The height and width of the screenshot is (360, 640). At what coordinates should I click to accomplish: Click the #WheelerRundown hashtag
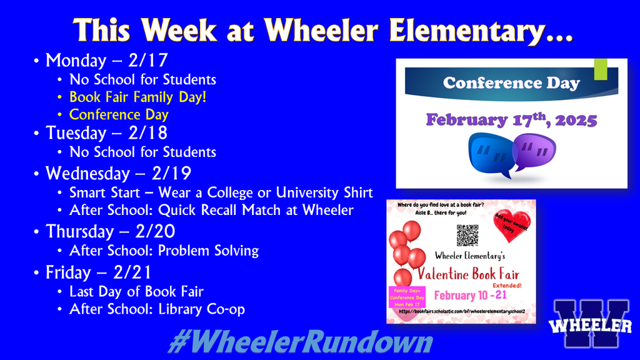[x=300, y=343]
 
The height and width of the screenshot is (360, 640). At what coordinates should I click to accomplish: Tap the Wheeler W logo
[x=591, y=324]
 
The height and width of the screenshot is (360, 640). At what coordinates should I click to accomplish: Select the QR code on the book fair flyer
[x=467, y=235]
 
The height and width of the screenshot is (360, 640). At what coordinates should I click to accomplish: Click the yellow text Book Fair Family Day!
[x=137, y=97]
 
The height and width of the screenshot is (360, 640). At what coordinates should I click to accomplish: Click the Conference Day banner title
[x=511, y=83]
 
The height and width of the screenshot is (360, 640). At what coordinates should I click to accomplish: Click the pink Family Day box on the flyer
[x=407, y=297]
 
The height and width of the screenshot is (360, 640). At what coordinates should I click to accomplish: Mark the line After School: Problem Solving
[x=164, y=251]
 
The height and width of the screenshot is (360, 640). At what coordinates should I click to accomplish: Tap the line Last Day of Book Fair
[x=136, y=291]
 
